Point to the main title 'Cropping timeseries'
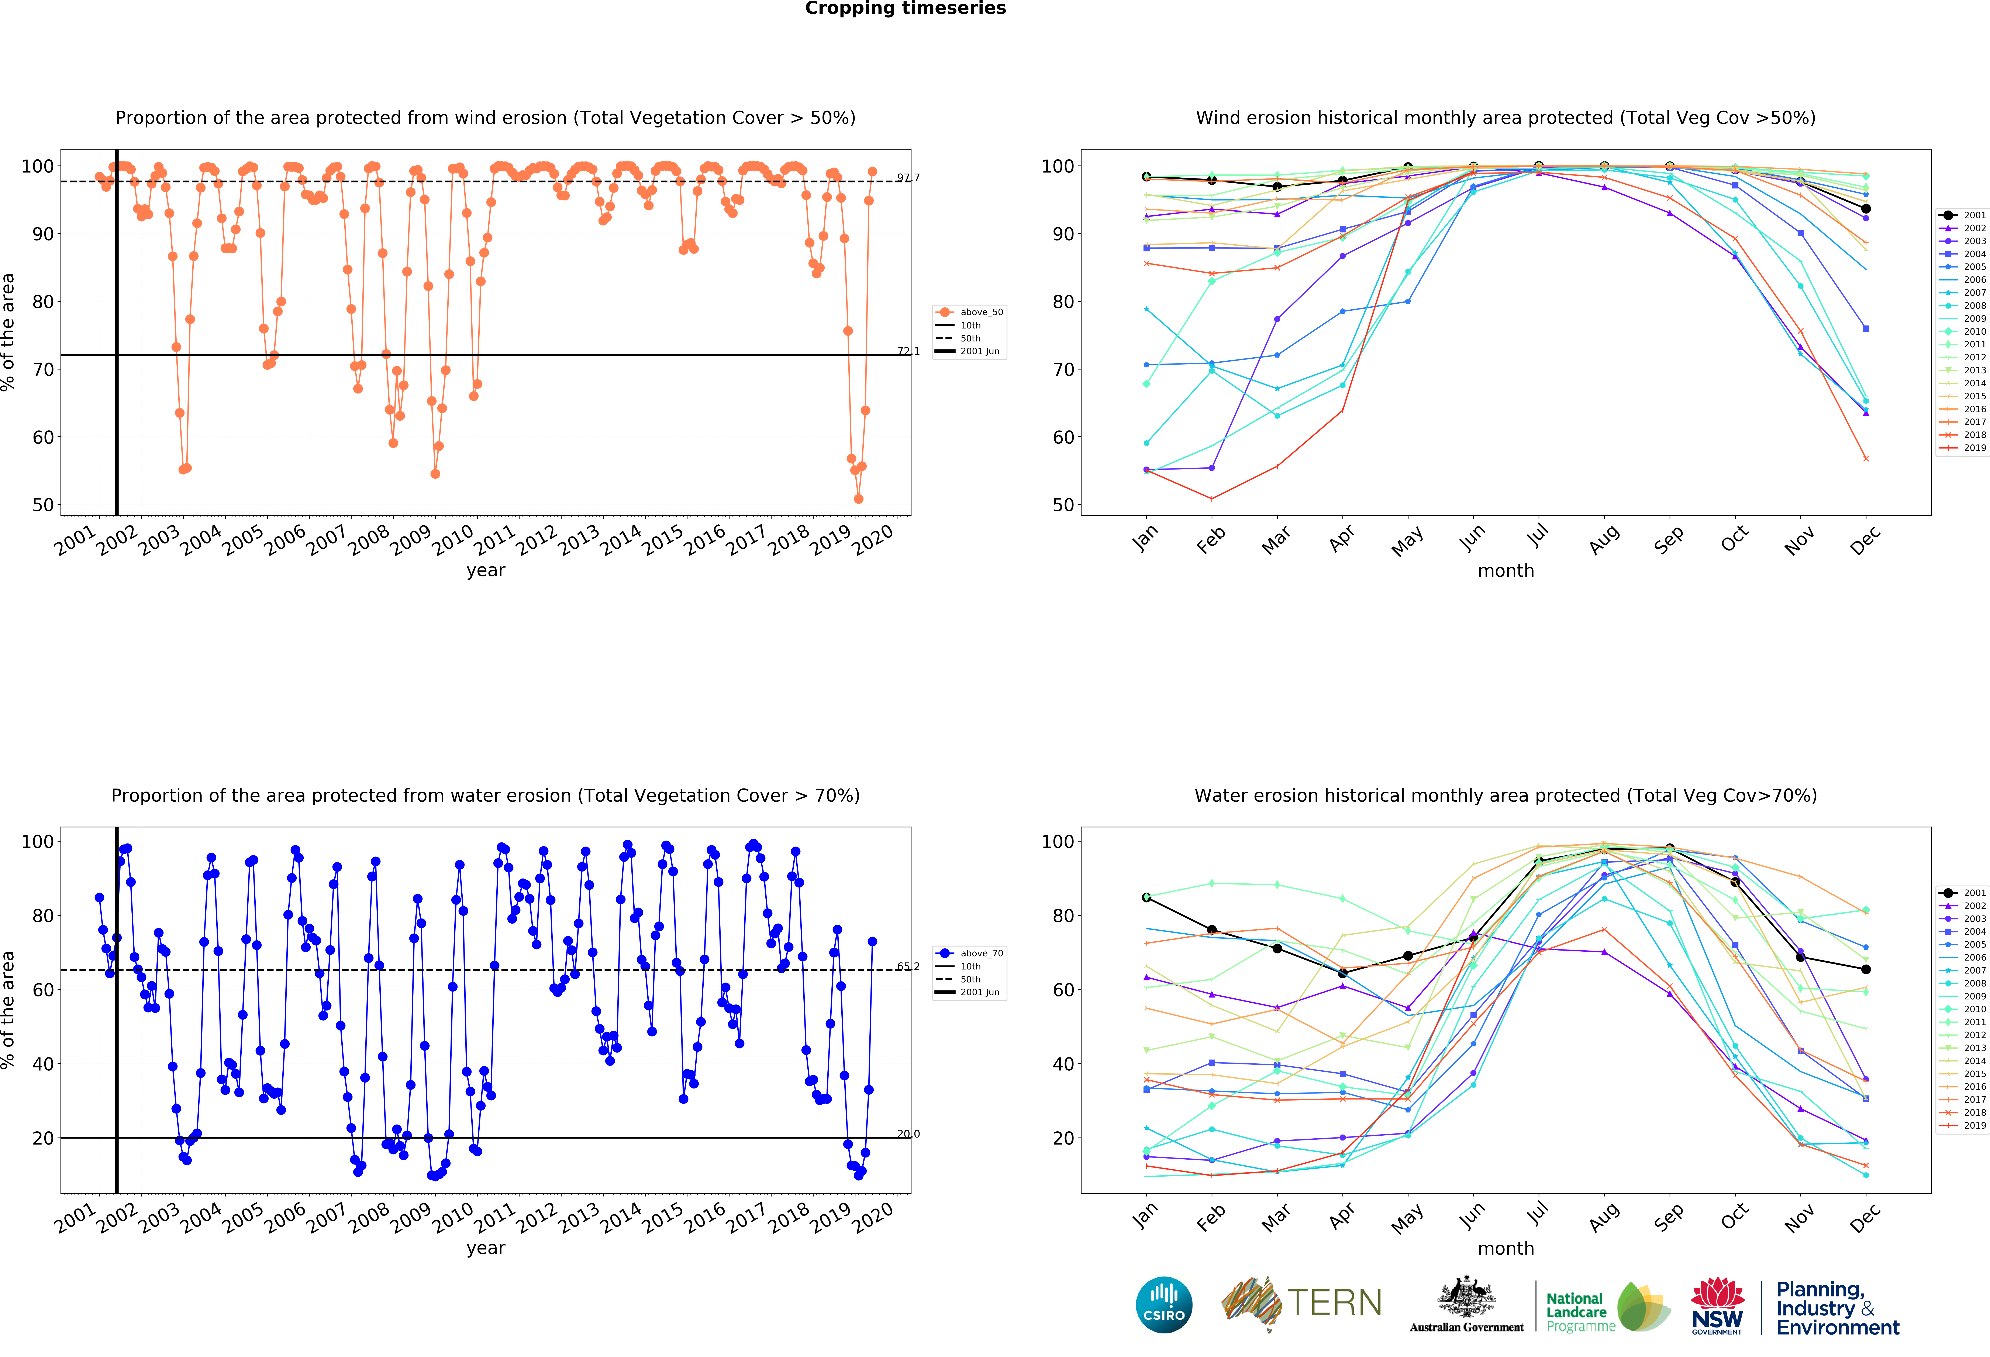pos(905,8)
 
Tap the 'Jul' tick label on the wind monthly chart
pos(1538,536)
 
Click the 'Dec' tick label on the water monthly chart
pos(1865,1217)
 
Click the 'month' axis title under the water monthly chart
pos(1505,1248)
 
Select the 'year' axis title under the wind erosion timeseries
pos(486,570)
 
